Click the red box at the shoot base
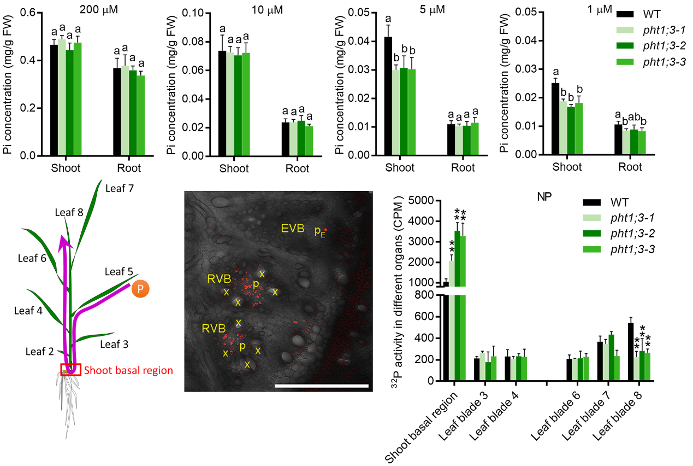coord(71,370)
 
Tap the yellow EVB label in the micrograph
coord(293,228)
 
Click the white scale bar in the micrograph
coord(322,386)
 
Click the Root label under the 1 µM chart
coord(630,167)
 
